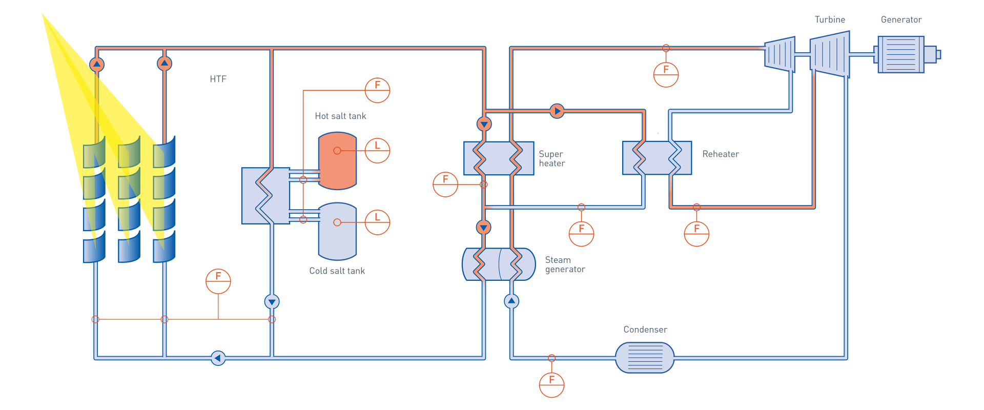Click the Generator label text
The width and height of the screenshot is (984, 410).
pyautogui.click(x=901, y=20)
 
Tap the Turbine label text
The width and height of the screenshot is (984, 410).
pyautogui.click(x=830, y=20)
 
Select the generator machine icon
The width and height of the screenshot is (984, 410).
pyautogui.click(x=902, y=54)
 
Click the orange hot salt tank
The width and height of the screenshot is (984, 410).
pyautogui.click(x=337, y=160)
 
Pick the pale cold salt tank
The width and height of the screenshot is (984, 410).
pyautogui.click(x=337, y=232)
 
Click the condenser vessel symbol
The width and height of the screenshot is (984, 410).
pyautogui.click(x=644, y=357)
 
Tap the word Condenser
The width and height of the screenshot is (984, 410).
pyautogui.click(x=645, y=330)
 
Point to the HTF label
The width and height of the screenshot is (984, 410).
pyautogui.click(x=218, y=79)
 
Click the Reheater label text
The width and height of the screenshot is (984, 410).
pyautogui.click(x=721, y=154)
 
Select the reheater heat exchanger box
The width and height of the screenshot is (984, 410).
pyautogui.click(x=657, y=158)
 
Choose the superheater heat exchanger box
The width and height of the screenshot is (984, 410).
pyautogui.click(x=499, y=158)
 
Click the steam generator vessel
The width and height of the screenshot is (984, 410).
pyautogui.click(x=499, y=264)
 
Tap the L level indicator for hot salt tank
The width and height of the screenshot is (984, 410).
pyautogui.click(x=377, y=150)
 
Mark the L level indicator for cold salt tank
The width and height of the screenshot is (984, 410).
pyautogui.click(x=377, y=222)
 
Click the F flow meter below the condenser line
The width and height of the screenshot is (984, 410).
pyautogui.click(x=551, y=384)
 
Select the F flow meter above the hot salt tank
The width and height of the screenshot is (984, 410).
pyautogui.click(x=377, y=90)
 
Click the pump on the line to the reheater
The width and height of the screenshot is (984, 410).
pyautogui.click(x=557, y=111)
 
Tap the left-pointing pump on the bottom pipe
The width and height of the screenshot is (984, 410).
pyautogui.click(x=218, y=358)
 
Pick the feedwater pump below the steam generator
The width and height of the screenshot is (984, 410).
pyautogui.click(x=511, y=301)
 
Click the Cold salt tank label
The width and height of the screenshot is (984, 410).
pyautogui.click(x=337, y=271)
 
